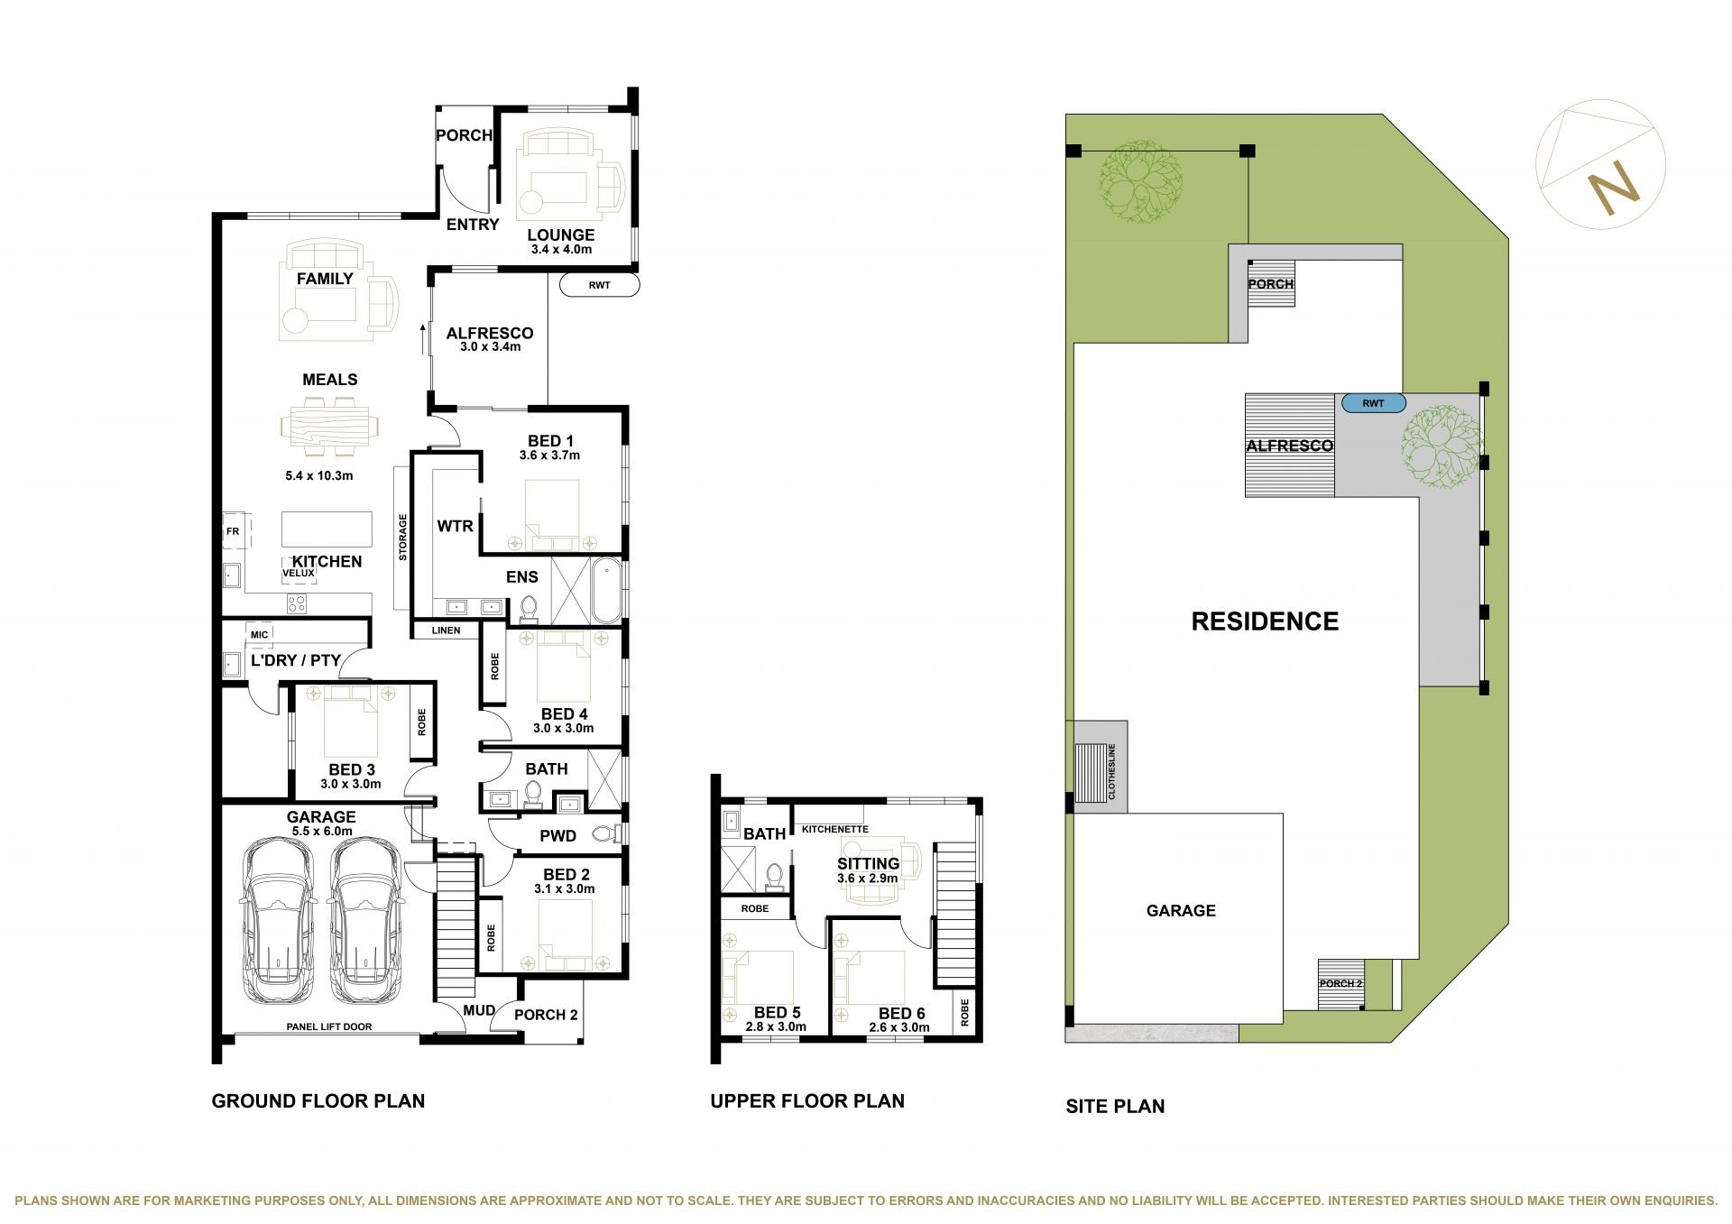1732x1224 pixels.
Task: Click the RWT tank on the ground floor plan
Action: coord(600,285)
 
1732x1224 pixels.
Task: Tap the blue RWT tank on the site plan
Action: coord(1373,403)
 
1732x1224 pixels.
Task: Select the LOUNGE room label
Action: coord(560,235)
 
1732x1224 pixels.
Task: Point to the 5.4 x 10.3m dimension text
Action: coord(318,475)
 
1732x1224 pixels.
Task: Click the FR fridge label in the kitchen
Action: coord(233,532)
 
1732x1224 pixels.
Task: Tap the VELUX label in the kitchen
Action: coord(299,573)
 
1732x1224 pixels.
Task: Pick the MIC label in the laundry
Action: coord(260,634)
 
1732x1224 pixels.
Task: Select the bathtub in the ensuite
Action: coord(608,591)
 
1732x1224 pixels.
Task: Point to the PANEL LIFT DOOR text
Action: coord(329,1026)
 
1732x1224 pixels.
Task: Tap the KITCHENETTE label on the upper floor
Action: coord(835,829)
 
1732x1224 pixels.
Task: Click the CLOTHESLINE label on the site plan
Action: coord(1112,771)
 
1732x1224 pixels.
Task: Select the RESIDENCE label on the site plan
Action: coord(1265,621)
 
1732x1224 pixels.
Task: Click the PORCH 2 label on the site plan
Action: coord(1340,983)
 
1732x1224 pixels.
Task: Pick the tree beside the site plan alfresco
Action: coord(1441,449)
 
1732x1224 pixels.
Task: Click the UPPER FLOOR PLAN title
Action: coord(807,1100)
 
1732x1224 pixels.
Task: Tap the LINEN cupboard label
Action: coord(446,630)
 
